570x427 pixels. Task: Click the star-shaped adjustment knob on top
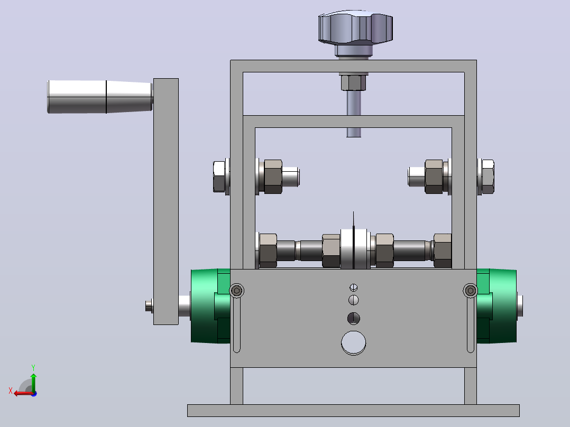[355, 27]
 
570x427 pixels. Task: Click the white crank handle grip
[100, 97]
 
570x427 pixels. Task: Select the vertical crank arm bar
[166, 201]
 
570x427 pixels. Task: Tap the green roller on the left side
[210, 306]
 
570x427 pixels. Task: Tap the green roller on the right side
[497, 306]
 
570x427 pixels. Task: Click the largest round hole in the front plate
[353, 342]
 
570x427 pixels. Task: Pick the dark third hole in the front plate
[353, 318]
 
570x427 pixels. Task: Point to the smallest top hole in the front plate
[353, 287]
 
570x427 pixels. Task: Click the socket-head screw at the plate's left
[237, 290]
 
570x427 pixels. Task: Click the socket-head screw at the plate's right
[471, 290]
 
